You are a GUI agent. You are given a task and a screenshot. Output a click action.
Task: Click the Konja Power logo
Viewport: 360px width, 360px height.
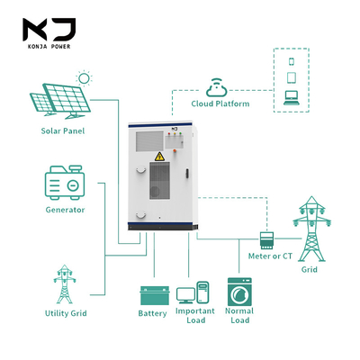49,33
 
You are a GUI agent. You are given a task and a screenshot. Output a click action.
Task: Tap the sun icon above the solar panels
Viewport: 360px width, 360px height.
84,78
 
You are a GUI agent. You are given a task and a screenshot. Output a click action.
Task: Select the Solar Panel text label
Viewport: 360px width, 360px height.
63,131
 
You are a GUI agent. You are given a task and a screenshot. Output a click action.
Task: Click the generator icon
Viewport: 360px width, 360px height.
65,183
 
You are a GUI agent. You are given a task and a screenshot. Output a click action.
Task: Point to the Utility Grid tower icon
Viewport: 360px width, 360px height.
65,284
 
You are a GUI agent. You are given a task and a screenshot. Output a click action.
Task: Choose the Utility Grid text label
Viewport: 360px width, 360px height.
66,313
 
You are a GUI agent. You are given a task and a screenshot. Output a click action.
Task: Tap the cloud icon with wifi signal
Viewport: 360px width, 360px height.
217,87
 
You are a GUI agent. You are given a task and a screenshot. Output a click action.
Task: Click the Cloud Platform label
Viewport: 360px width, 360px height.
220,103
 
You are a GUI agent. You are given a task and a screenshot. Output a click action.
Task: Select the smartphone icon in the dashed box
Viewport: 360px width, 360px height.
291,61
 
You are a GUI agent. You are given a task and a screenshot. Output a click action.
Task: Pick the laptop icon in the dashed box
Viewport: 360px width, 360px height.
292,98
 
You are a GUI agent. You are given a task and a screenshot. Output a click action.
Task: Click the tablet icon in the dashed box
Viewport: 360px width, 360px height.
292,77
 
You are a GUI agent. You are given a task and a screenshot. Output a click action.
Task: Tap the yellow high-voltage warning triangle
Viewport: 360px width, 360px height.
159,157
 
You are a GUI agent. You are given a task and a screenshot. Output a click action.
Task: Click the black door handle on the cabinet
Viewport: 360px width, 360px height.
187,174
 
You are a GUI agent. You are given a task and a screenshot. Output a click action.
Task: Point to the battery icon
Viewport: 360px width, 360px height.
155,295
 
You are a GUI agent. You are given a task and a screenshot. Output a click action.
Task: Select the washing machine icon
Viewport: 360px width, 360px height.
239,292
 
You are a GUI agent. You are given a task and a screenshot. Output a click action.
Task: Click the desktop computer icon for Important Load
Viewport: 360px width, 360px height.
193,292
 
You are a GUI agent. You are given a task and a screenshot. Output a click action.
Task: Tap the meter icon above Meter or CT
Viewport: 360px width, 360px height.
266,240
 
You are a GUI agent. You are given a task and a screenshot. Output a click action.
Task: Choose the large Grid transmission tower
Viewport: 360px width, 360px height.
312,229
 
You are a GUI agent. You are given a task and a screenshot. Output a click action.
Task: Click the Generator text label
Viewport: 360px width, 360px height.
65,210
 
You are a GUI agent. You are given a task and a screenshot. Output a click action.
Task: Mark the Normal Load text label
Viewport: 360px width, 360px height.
239,315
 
